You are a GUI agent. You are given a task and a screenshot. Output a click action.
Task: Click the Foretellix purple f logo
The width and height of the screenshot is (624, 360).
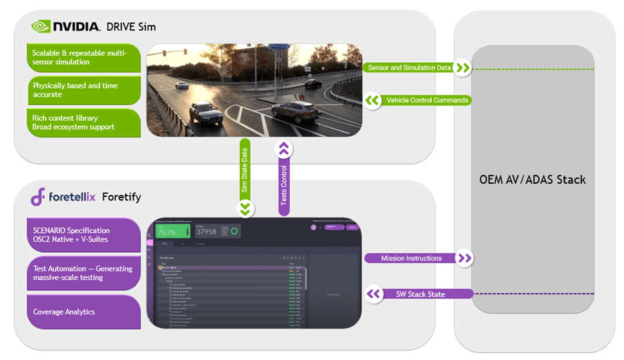coord(38,196)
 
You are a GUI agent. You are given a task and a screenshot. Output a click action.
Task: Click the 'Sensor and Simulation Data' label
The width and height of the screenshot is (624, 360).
coord(410,68)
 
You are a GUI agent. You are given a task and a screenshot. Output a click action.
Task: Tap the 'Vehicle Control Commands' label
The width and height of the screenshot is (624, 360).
coord(427,100)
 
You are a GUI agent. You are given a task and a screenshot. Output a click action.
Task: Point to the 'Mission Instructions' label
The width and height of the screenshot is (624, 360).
coord(411,258)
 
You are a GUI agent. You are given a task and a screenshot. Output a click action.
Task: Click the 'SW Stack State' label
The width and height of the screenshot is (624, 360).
coord(420,294)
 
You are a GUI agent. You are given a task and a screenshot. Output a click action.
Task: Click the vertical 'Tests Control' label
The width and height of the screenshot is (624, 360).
coord(283,183)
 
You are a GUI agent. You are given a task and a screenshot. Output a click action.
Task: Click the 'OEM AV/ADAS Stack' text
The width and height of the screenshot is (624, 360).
coord(532,180)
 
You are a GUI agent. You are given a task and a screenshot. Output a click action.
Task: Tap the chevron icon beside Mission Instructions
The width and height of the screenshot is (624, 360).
coord(464,258)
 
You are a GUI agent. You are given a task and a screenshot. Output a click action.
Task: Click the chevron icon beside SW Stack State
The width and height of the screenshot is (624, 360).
coord(374,294)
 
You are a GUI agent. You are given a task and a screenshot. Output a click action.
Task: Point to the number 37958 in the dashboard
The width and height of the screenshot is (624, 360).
coord(207,231)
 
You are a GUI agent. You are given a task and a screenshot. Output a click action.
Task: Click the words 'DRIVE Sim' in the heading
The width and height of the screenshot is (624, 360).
coord(131,27)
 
